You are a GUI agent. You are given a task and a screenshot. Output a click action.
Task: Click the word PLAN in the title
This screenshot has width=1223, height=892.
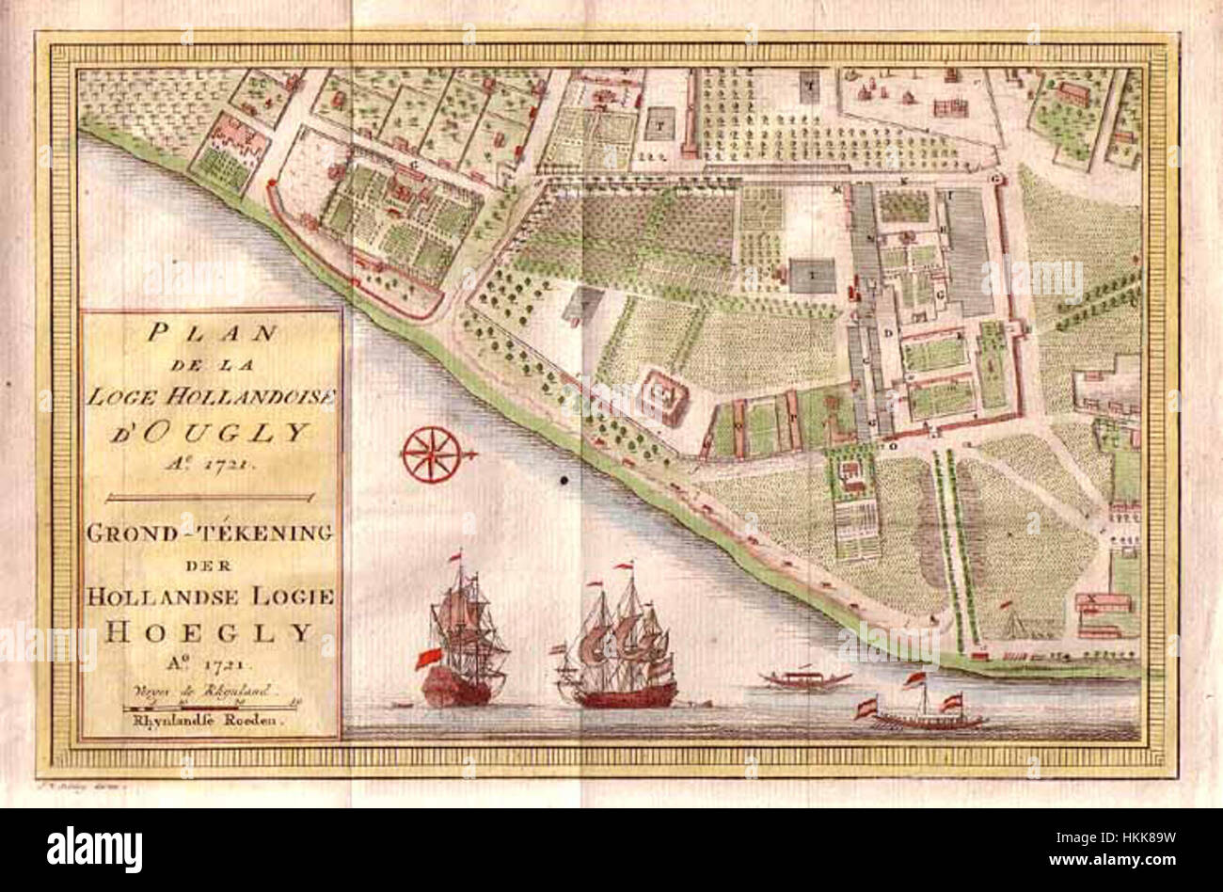coord(209,333)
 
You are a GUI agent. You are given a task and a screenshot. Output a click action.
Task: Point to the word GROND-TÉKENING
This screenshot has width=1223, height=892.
coord(211,534)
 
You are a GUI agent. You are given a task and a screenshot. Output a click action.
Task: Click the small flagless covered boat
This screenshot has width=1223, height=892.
coord(805,677)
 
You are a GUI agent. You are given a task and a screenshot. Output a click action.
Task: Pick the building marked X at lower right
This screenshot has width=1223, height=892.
coord(1091,598)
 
